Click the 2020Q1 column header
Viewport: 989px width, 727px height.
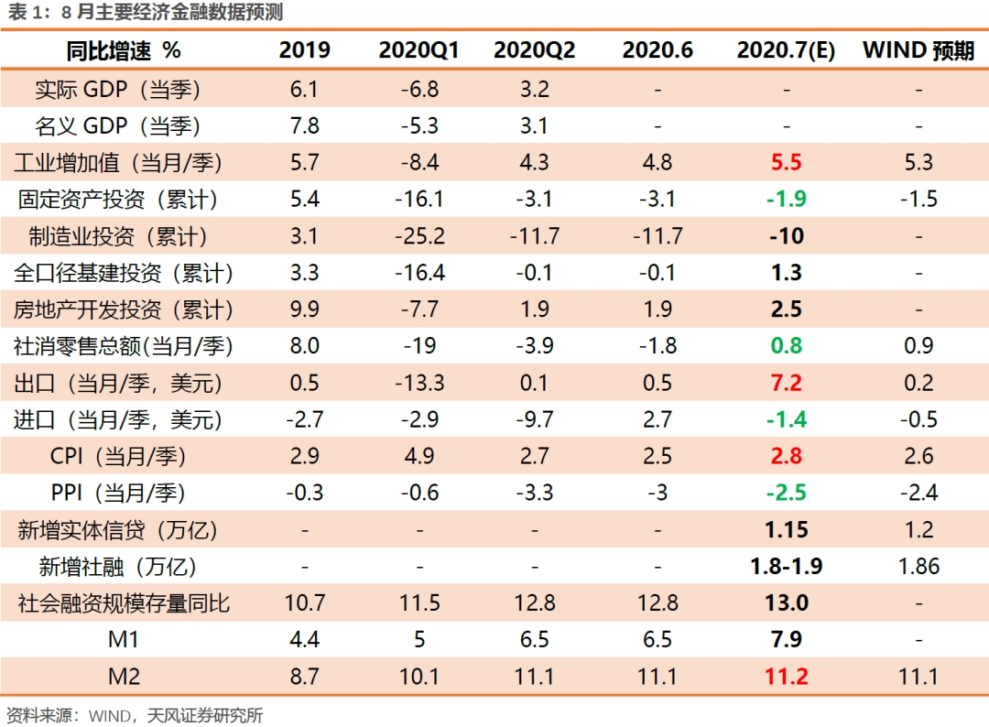418,50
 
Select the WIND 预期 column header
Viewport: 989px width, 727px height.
918,50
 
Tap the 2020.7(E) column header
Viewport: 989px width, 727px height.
786,50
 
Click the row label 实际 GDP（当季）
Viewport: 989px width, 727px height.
117,90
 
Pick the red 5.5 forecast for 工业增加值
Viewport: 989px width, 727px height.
786,163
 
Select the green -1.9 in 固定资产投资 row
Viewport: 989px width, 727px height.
786,200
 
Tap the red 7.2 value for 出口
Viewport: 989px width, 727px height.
786,383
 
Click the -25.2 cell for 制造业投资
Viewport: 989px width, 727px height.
419,236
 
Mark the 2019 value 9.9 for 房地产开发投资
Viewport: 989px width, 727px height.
304,309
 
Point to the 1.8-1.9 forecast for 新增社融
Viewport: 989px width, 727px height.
786,566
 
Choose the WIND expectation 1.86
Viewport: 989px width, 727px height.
918,566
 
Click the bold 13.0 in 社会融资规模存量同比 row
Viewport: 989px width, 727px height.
786,602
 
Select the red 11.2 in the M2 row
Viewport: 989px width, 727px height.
786,676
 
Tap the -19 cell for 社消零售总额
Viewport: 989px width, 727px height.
419,346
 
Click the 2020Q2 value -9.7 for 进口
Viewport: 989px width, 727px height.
534,419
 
